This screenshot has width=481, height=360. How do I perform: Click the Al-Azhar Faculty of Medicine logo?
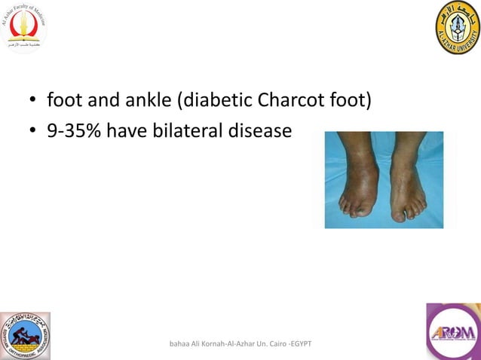(x=24, y=28)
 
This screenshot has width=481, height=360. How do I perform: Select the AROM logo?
(x=453, y=331)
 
